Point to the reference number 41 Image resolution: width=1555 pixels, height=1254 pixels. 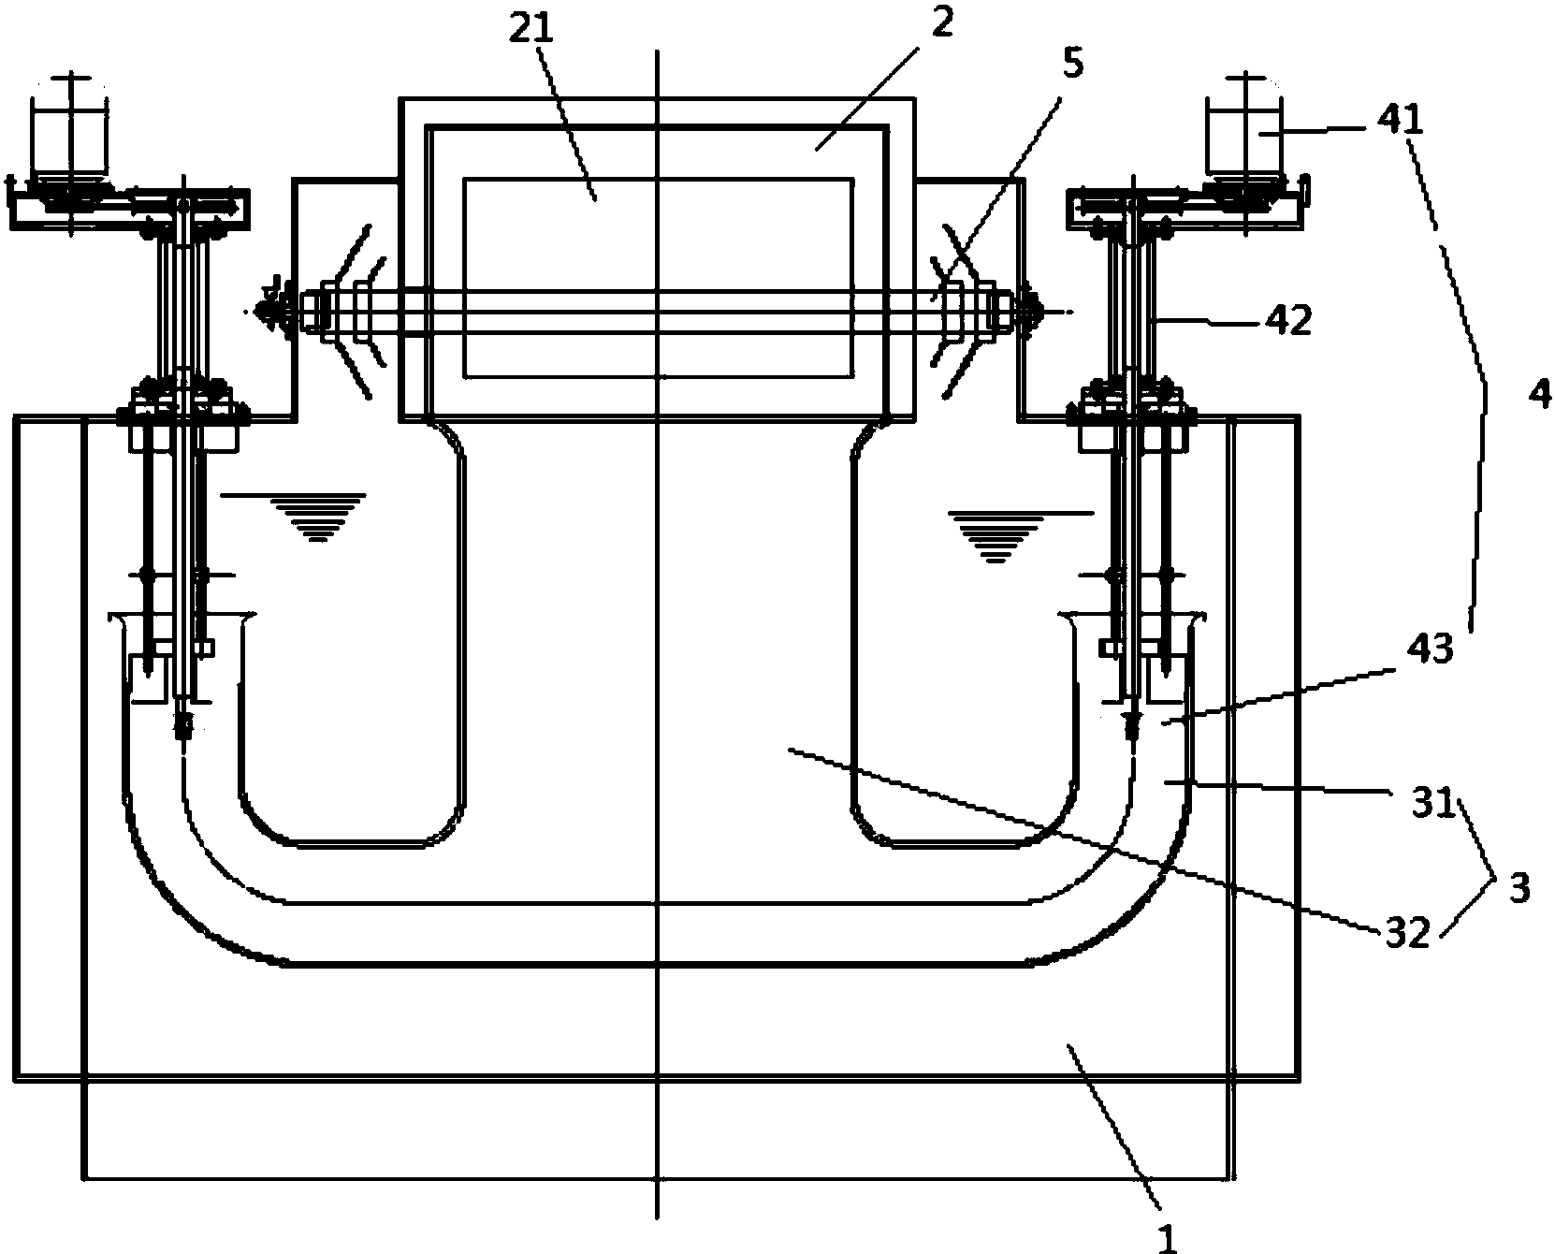click(x=1399, y=120)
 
